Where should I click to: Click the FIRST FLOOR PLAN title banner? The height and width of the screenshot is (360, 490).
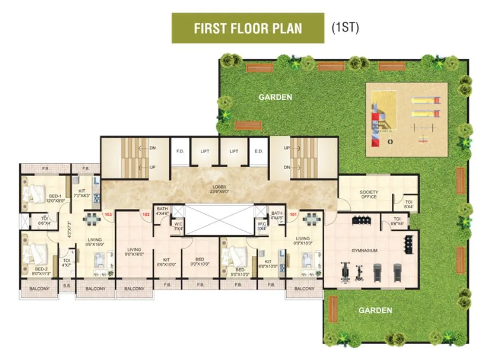[x=248, y=28]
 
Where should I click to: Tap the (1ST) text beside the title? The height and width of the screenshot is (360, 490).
[x=345, y=28]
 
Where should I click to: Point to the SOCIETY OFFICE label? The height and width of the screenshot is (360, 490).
[x=369, y=194]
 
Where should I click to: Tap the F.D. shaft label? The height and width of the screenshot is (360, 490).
[x=180, y=152]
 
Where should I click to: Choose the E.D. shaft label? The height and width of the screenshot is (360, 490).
[x=259, y=152]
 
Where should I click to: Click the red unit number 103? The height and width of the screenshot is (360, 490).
[x=109, y=215]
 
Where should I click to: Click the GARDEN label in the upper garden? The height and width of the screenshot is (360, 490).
[x=275, y=97]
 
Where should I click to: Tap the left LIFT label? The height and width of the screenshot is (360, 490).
[x=205, y=152]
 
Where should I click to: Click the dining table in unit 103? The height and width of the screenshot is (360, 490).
[x=92, y=219]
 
